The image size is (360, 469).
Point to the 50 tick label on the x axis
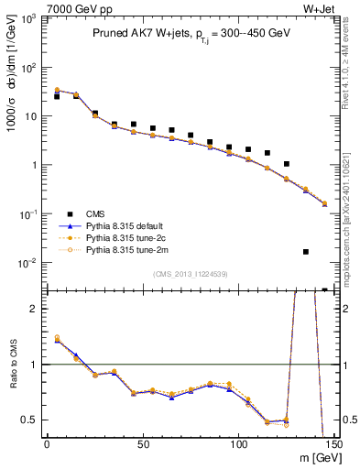tap(142, 444)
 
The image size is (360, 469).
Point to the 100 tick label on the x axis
tap(238, 444)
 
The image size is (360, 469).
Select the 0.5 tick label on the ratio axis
tap(28, 420)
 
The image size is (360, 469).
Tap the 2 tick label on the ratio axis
tap(34, 309)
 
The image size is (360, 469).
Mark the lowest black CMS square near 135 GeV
tap(305, 251)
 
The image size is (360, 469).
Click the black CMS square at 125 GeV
tap(287, 164)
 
